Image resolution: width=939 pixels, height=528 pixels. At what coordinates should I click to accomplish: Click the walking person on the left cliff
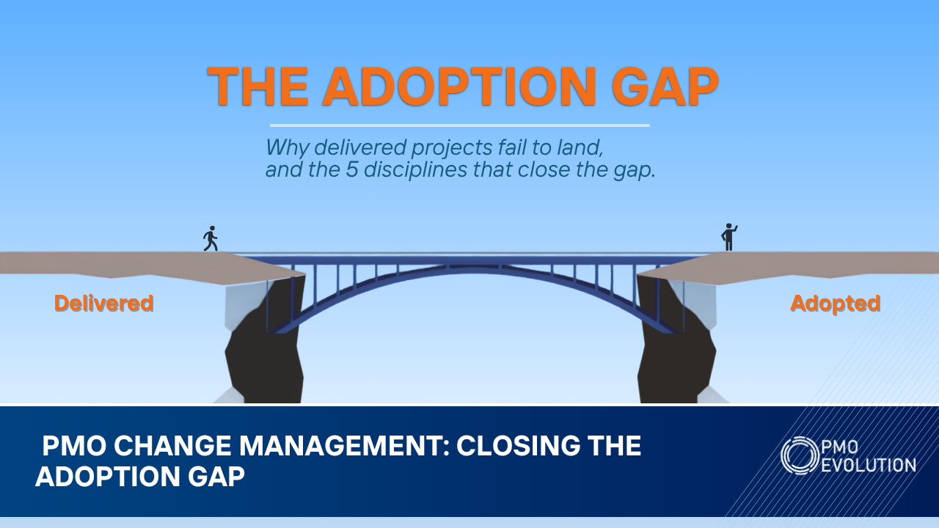tap(211, 239)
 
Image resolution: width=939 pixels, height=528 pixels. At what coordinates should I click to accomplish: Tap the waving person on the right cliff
tap(729, 238)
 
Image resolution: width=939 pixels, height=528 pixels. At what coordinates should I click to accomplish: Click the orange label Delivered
tap(104, 303)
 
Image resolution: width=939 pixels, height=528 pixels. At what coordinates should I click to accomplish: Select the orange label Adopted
tap(835, 304)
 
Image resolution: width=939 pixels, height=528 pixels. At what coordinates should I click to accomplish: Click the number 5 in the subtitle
tap(351, 169)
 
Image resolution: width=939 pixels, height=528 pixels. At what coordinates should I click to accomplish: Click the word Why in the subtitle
tap(288, 148)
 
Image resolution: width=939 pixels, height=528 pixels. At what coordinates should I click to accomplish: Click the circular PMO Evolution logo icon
tap(800, 455)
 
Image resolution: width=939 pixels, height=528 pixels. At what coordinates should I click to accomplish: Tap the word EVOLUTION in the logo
tap(868, 465)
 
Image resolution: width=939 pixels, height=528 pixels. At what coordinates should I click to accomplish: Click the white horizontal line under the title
tap(459, 125)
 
